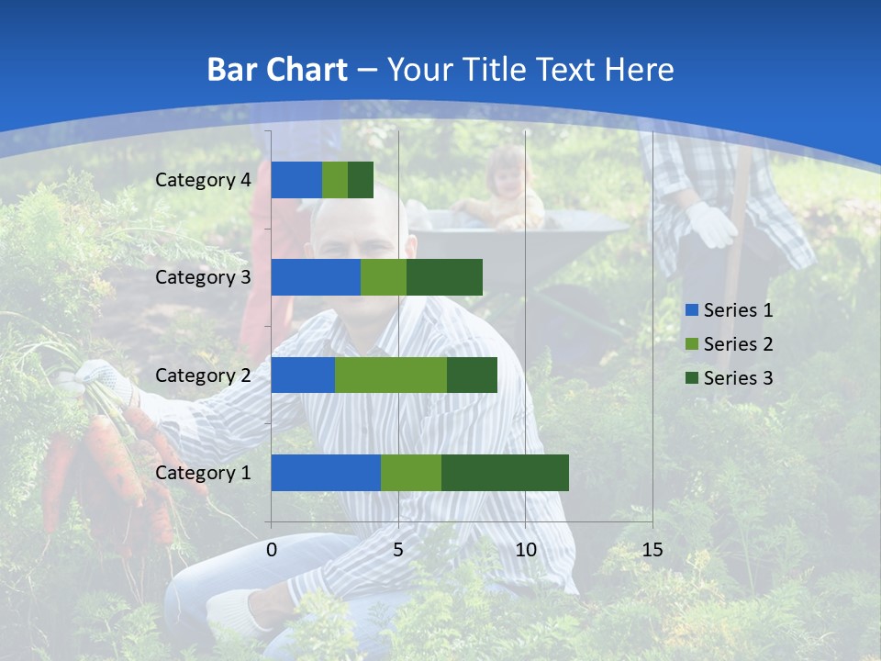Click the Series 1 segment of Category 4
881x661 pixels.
[x=296, y=180]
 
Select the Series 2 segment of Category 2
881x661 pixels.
[x=391, y=375]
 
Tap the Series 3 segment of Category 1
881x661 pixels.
[x=505, y=472]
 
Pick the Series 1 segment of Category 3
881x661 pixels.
[x=316, y=277]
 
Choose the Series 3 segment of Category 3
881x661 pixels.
[x=444, y=277]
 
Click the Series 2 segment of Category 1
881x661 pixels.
[x=411, y=472]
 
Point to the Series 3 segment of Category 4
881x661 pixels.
[x=361, y=180]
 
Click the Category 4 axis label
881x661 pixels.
[x=203, y=180]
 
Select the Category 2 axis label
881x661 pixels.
[x=203, y=375]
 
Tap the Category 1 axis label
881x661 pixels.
[x=203, y=472]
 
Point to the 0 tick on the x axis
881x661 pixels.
[x=272, y=550]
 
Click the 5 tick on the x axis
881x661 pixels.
[x=398, y=550]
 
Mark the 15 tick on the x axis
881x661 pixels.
[x=652, y=550]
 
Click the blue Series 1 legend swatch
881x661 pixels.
[x=691, y=310]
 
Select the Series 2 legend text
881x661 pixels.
[x=738, y=344]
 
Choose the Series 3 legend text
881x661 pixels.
[x=738, y=378]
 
